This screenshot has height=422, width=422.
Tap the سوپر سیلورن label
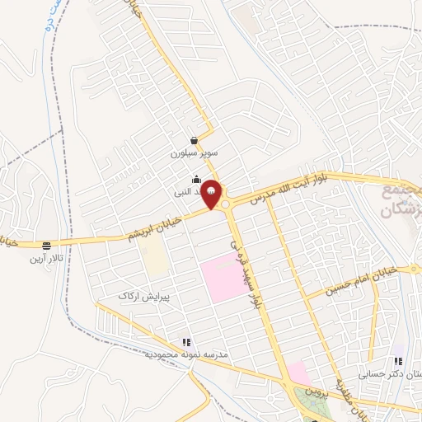coord(193,153)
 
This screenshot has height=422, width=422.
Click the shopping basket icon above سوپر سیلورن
coord(194,141)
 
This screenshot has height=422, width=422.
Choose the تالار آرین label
coord(46,258)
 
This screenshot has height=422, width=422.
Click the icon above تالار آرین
coord(46,246)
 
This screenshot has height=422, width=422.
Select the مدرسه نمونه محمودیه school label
coord(185,355)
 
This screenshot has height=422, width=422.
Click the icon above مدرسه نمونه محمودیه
coord(186,342)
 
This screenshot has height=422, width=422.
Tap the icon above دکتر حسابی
coord(399,360)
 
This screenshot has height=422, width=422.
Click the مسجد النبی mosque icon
coord(196,180)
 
